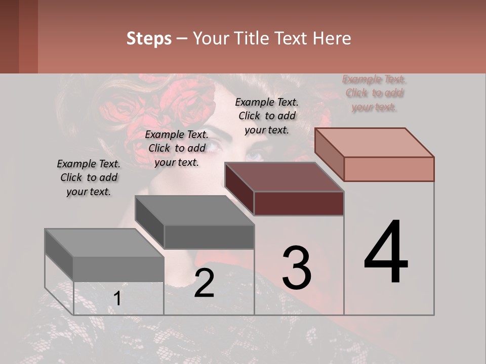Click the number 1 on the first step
point(117,299)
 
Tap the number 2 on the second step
point(204,283)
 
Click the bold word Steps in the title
point(149,38)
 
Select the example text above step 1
point(89,178)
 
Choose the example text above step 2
point(177,148)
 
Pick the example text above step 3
point(267,116)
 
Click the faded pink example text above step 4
point(375,93)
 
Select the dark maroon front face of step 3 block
point(299,203)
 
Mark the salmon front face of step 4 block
point(389,169)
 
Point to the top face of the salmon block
point(375,142)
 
